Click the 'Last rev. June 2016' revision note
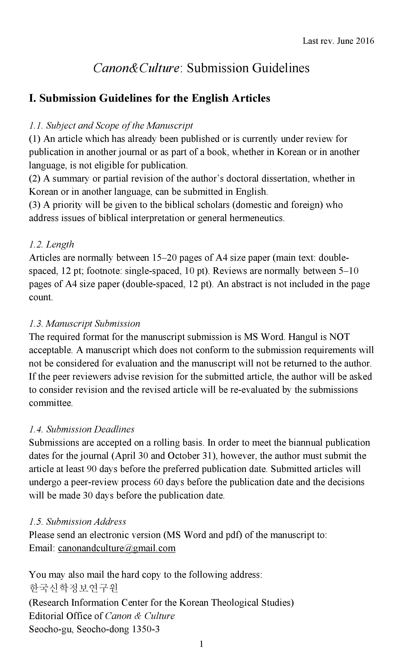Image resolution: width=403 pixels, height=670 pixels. coord(338,41)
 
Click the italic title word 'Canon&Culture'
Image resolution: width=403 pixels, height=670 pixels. coord(136,68)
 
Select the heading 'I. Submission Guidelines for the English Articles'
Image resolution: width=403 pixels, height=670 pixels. coord(149,98)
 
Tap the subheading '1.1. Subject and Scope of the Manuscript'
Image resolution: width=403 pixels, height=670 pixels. coord(111,126)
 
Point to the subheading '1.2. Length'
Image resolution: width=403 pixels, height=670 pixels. coord(51,244)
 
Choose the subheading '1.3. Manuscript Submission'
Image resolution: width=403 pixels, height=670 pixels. coord(84,324)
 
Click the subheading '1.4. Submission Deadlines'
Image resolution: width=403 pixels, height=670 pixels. coord(81,429)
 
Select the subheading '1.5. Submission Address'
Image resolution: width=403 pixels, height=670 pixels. coord(77,522)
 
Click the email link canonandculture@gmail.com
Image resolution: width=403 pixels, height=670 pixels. coord(117,548)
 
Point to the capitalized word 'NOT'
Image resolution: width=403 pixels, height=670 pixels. coord(339,337)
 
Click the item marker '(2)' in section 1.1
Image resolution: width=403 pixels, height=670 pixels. coord(35,179)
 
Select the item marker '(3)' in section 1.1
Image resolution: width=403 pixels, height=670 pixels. coord(35,205)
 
